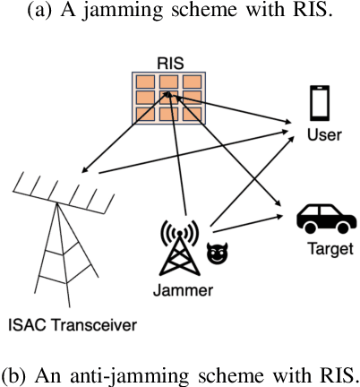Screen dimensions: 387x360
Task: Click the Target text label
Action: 318,245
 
